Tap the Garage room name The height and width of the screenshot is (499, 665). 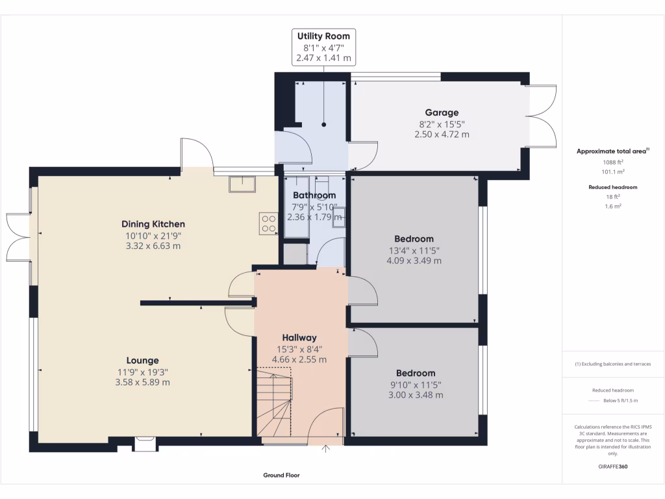pyautogui.click(x=442, y=112)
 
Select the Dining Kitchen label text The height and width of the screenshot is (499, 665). pyautogui.click(x=155, y=224)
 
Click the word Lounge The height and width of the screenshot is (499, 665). pyautogui.click(x=142, y=361)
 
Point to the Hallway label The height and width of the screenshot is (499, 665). pyautogui.click(x=299, y=337)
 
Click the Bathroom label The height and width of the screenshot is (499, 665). pyautogui.click(x=314, y=195)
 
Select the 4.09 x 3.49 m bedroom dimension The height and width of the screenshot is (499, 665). pyautogui.click(x=414, y=261)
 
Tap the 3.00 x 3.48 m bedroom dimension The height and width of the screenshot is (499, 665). pyautogui.click(x=416, y=395)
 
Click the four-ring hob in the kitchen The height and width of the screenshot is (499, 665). pyautogui.click(x=268, y=223)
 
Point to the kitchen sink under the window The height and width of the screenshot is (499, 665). pyautogui.click(x=242, y=185)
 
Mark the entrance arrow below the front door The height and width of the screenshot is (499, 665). pyautogui.click(x=326, y=448)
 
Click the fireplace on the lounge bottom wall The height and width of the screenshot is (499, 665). pyautogui.click(x=144, y=444)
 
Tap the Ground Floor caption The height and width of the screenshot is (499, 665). pyautogui.click(x=281, y=475)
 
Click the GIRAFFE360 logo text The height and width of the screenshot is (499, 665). pyautogui.click(x=613, y=467)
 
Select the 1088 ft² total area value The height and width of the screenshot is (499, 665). pyautogui.click(x=612, y=162)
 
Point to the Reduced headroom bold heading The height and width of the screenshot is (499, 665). pyautogui.click(x=612, y=187)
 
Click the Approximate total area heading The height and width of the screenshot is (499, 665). pyautogui.click(x=612, y=151)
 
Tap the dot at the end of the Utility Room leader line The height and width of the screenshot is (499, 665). pyautogui.click(x=323, y=125)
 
